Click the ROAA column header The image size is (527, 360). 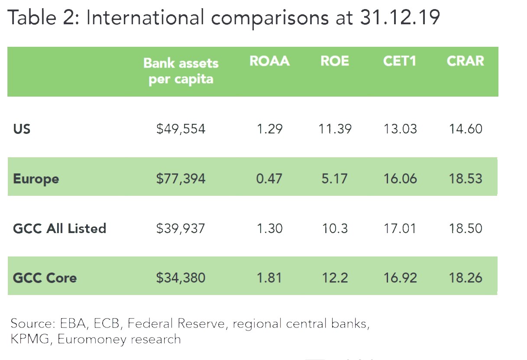tap(269, 61)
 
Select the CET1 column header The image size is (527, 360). tap(399, 61)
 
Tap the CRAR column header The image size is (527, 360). tap(465, 61)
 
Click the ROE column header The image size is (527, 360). tap(334, 61)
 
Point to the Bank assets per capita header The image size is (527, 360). tap(181, 71)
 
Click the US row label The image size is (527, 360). tap(22, 129)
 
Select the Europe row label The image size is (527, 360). tap(36, 179)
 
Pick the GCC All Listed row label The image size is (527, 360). tap(59, 228)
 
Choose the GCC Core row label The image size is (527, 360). tap(45, 278)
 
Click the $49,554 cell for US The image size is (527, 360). tap(181, 129)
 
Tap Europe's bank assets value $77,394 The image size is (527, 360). tap(181, 179)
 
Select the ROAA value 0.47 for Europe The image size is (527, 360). tap(269, 179)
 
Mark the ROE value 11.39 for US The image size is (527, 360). tap(334, 129)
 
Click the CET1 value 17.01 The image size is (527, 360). tap(400, 228)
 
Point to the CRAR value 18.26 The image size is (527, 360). tap(466, 278)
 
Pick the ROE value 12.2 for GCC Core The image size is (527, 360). tap(334, 278)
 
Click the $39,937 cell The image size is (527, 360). tap(181, 228)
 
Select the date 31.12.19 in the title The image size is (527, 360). tap(399, 19)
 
